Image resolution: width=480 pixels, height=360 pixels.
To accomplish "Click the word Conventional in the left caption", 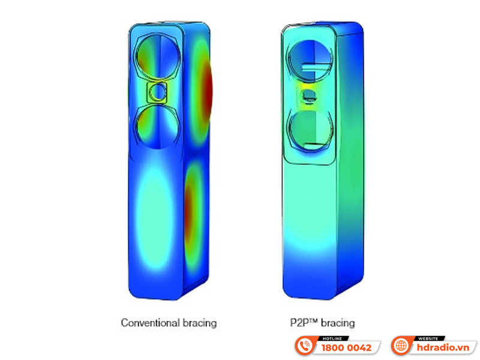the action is [150, 323].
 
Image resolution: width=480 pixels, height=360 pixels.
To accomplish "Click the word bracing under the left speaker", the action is [200, 323].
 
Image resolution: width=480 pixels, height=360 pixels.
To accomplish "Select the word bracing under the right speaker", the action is [338, 323].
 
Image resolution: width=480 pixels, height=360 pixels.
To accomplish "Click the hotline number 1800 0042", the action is [346, 348].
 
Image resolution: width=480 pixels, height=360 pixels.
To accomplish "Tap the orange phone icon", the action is [305, 346].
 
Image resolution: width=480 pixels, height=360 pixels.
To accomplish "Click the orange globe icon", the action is [401, 346].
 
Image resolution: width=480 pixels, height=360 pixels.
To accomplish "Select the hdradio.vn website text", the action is [443, 348].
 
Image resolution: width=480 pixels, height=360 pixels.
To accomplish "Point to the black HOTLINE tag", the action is [333, 338].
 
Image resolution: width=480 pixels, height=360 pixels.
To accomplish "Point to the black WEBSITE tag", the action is [428, 338].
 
